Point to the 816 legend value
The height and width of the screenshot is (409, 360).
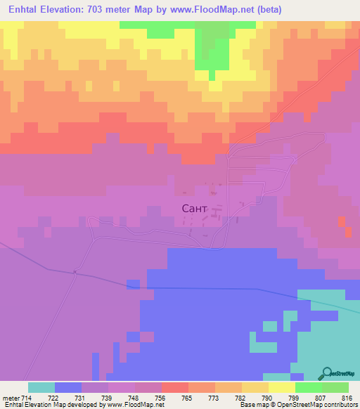point(346,397)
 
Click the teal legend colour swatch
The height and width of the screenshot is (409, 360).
point(41,387)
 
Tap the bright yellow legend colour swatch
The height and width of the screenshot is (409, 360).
point(281,387)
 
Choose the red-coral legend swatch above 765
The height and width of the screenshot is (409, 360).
point(174,387)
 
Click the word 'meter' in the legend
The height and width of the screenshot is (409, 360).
point(11,397)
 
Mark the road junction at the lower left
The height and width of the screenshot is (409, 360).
point(74,273)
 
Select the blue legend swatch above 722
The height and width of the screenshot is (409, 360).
point(68,387)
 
